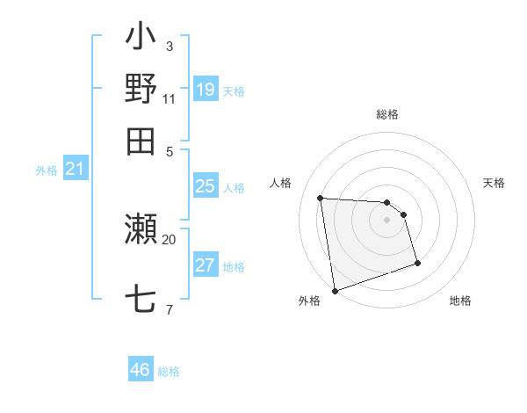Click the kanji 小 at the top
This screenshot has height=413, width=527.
pyautogui.click(x=141, y=40)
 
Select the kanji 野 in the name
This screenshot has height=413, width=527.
pyautogui.click(x=141, y=89)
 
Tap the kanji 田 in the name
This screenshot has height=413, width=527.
pyautogui.click(x=141, y=140)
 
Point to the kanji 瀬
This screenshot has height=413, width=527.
pyautogui.click(x=141, y=231)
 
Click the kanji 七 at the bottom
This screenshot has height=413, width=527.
pyautogui.click(x=141, y=300)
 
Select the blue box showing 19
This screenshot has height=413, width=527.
pyautogui.click(x=205, y=89)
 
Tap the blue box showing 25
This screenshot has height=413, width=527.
pyautogui.click(x=205, y=186)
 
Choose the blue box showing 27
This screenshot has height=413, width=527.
pyautogui.click(x=205, y=265)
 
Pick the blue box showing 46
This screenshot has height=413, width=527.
pyautogui.click(x=141, y=370)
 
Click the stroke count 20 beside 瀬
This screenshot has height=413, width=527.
pyautogui.click(x=170, y=239)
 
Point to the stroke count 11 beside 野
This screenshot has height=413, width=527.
pyautogui.click(x=170, y=98)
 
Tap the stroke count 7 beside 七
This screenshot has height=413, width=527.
pyautogui.click(x=169, y=309)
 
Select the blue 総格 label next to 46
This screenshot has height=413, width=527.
pyautogui.click(x=169, y=372)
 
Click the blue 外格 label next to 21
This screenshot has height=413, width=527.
pyautogui.click(x=47, y=171)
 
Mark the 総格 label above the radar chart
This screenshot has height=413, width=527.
pyautogui.click(x=387, y=115)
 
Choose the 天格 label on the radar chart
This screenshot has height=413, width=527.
pyautogui.click(x=494, y=183)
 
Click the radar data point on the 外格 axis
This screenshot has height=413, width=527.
pyautogui.click(x=334, y=290)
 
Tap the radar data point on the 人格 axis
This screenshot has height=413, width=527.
pyautogui.click(x=321, y=198)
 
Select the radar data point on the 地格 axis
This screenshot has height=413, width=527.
pyautogui.click(x=417, y=263)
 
